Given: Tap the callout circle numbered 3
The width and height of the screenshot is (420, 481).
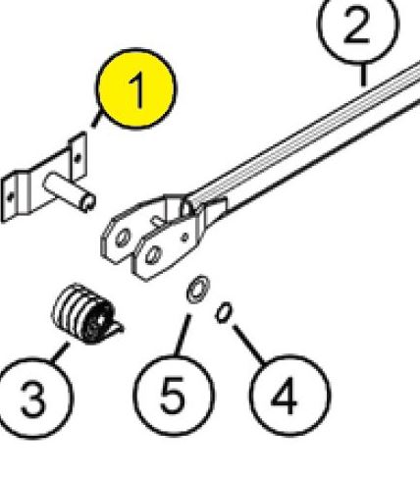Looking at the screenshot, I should coord(32,399).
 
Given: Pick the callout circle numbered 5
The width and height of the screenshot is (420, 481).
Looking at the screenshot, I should coord(172,398).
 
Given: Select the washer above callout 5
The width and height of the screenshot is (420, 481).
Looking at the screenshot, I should coord(197,292).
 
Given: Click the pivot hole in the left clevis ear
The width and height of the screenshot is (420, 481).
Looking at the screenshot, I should coord(122,238).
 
